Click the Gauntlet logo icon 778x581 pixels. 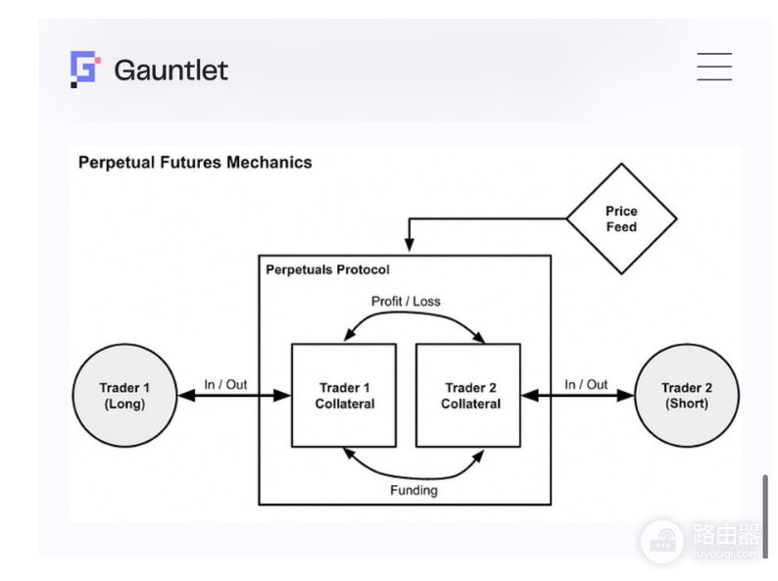85,69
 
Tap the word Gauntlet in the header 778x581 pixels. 171,70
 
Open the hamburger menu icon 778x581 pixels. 714,67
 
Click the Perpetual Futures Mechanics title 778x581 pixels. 195,163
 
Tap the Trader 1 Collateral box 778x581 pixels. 344,396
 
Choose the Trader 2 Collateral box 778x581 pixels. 468,396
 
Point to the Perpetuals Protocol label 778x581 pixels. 327,269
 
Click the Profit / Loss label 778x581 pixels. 406,301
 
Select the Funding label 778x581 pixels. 413,490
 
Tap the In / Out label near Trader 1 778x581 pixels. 225,384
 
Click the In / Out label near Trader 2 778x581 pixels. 586,384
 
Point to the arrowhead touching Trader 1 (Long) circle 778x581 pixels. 186,396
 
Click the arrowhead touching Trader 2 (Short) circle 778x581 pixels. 626,396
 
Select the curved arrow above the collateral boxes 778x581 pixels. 414,314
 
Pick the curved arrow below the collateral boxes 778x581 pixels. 414,477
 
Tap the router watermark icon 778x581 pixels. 663,542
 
